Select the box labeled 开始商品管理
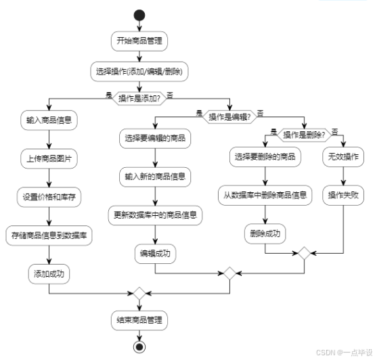point(139,41)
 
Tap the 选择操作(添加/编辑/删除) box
point(139,70)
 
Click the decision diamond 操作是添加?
point(139,98)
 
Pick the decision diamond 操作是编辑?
point(230,116)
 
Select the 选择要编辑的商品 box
point(156,139)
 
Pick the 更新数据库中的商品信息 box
point(156,215)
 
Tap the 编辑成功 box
point(156,253)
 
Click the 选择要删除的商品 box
point(265,157)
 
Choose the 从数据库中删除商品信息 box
point(265,195)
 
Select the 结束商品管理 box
point(139,319)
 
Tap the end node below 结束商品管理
point(139,347)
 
